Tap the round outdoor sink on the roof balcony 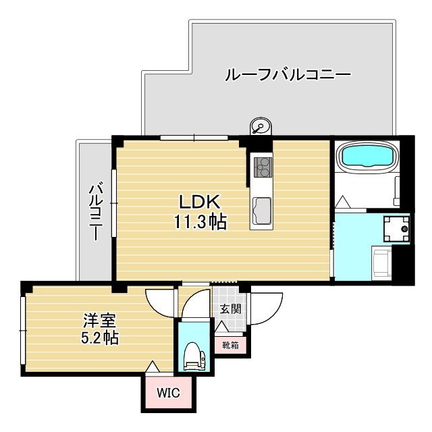pos(259,126)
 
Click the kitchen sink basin pos(261,209)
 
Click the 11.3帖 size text pos(200,221)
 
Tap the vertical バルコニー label pos(95,211)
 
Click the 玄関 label pos(230,309)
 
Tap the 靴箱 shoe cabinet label pos(230,344)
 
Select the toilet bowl pos(192,356)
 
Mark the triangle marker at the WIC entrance pos(153,367)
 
